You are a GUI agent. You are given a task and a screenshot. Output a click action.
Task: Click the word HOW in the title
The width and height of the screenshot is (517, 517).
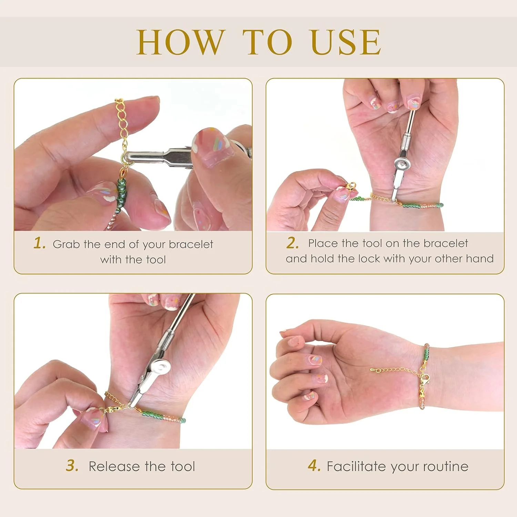[x=181, y=42]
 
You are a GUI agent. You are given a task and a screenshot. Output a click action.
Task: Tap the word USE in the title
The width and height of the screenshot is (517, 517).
[x=346, y=42]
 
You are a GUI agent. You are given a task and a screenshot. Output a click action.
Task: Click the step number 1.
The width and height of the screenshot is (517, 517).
[x=39, y=243]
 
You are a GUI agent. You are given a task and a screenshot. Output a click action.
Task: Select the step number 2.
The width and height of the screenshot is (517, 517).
[x=292, y=243]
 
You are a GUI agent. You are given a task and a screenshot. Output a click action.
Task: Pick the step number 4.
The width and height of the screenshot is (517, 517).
[x=314, y=466]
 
